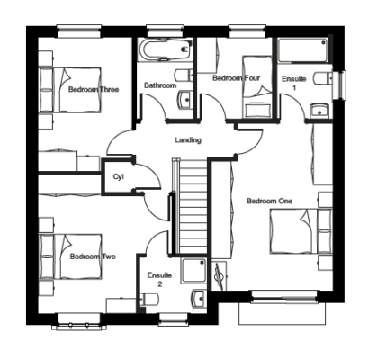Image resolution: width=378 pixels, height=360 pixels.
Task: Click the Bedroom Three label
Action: pyautogui.click(x=94, y=89)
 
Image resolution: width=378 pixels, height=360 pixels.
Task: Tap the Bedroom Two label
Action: pyautogui.click(x=93, y=256)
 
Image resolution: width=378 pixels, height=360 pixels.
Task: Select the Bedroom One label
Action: pyautogui.click(x=269, y=201)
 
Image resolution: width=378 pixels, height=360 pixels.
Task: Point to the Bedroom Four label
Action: pyautogui.click(x=237, y=78)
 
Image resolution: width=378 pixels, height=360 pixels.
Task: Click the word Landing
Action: pyautogui.click(x=188, y=140)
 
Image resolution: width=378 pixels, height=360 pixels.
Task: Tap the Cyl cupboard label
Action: pyautogui.click(x=119, y=177)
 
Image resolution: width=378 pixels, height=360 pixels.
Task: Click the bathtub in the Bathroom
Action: pyautogui.click(x=165, y=49)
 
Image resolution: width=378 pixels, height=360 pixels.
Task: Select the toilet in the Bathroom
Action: pyautogui.click(x=184, y=75)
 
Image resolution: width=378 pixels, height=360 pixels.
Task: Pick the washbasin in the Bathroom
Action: pyautogui.click(x=185, y=100)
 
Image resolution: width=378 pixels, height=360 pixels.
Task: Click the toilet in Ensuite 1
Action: pyautogui.click(x=323, y=78)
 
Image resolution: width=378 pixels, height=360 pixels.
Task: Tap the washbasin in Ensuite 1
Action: pyautogui.click(x=319, y=110)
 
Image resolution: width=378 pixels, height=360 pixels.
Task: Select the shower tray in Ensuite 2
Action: pyautogui.click(x=193, y=271)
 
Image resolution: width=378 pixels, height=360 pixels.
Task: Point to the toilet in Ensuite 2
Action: pyautogui.click(x=148, y=299)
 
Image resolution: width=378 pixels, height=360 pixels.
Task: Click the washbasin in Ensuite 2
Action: pyautogui.click(x=199, y=299)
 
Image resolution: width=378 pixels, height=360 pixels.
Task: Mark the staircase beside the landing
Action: pyautogui.click(x=191, y=206)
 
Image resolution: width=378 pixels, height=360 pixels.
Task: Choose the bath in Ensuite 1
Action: pyautogui.click(x=303, y=50)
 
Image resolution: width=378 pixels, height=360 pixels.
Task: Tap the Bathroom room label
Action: pyautogui.click(x=160, y=85)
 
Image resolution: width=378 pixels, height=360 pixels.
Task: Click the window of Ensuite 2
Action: pyautogui.click(x=174, y=320)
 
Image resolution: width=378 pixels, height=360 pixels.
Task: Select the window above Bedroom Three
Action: pyautogui.click(x=79, y=31)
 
